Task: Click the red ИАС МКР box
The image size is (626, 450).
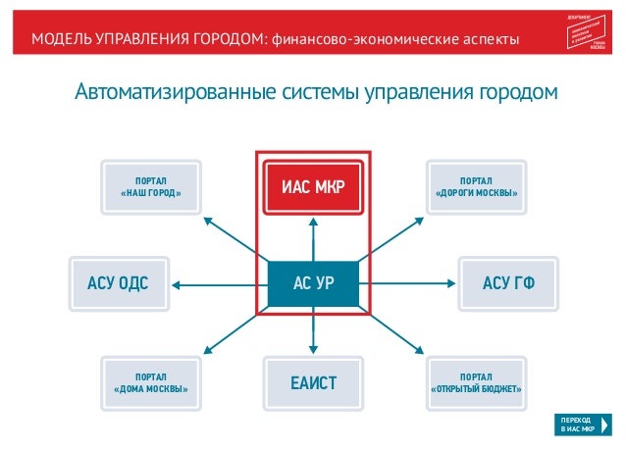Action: (x=313, y=184)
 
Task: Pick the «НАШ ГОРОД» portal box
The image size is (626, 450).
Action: (x=151, y=186)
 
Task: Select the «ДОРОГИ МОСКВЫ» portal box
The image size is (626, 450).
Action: (x=477, y=186)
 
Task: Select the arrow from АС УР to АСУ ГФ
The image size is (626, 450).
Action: (x=408, y=284)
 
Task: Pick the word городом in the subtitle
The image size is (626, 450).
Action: (x=518, y=94)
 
